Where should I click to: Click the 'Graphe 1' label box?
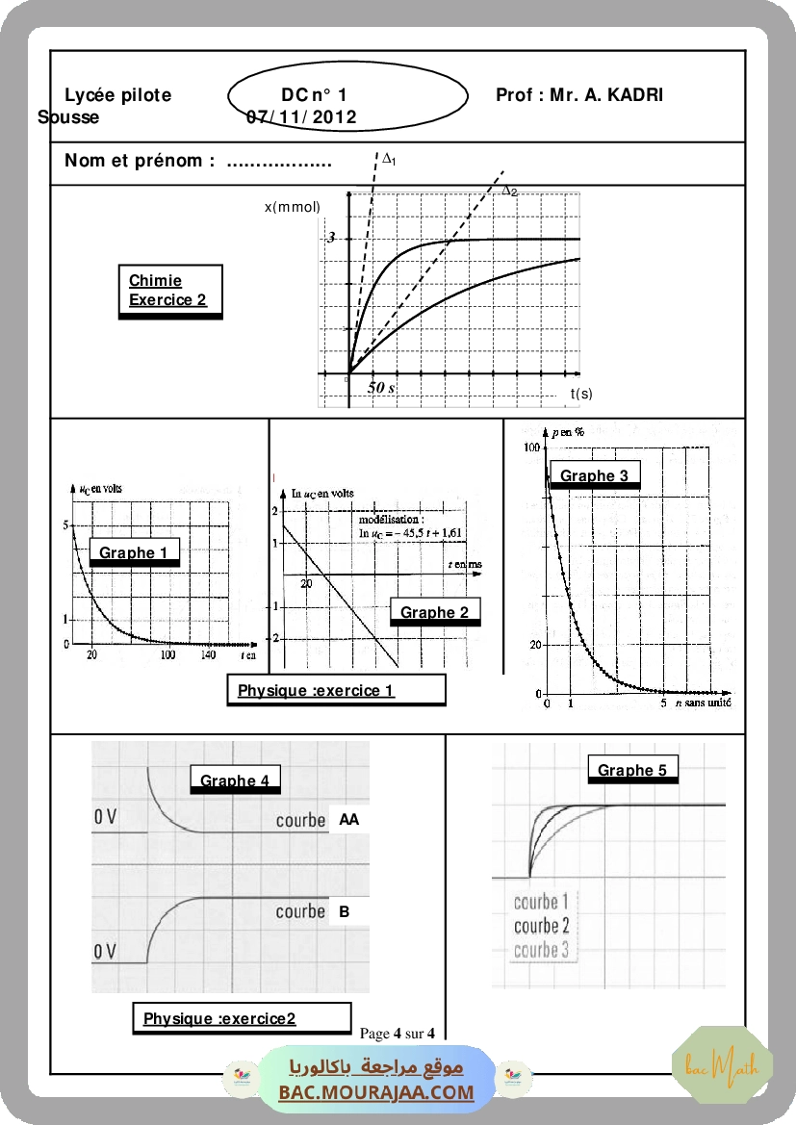click(x=135, y=552)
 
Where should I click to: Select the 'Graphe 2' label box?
click(x=435, y=612)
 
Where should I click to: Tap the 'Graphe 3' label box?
click(x=594, y=475)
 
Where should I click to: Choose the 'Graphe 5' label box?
click(x=631, y=769)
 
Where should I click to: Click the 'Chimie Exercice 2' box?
click(x=170, y=291)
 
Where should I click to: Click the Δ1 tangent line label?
click(x=390, y=159)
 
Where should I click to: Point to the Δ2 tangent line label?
click(x=510, y=191)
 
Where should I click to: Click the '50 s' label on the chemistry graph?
click(x=381, y=387)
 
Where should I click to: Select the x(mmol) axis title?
click(x=293, y=207)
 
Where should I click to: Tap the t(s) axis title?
click(x=581, y=393)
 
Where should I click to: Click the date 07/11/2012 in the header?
click(x=301, y=117)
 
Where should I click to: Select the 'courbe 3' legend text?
click(x=541, y=950)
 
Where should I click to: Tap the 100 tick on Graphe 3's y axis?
click(x=530, y=447)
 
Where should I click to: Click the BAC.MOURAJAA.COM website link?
click(x=376, y=1092)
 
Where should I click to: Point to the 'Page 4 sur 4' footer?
click(x=398, y=1034)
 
